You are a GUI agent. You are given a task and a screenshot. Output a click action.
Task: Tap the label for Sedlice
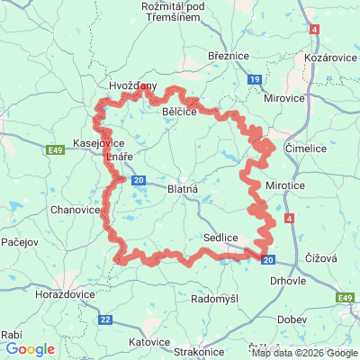(x=220, y=236)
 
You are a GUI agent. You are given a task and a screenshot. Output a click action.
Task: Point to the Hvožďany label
(x=132, y=85)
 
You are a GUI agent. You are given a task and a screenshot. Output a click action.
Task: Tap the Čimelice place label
(x=304, y=145)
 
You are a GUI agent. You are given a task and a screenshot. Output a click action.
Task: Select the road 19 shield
(x=255, y=80)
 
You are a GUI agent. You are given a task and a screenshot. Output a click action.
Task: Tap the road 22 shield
(x=106, y=319)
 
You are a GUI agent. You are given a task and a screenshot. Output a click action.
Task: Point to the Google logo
(x=29, y=349)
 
